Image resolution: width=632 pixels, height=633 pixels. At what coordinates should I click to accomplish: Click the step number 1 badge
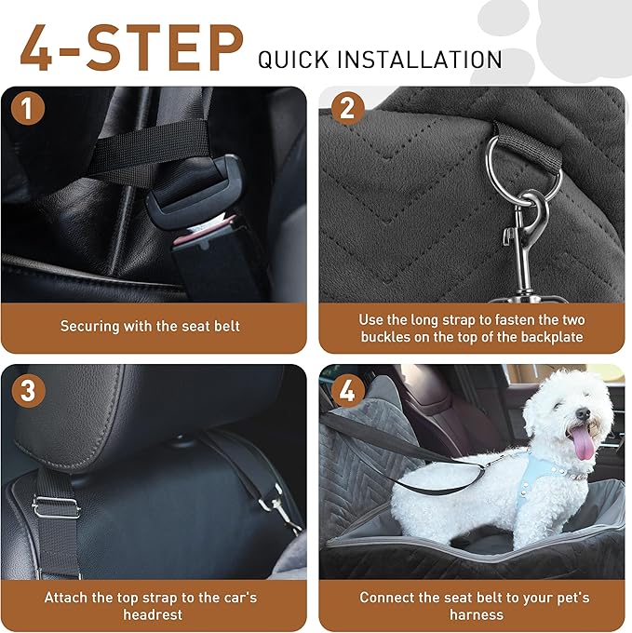coord(28,109)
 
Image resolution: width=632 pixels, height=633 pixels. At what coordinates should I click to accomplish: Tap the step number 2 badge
coord(347,109)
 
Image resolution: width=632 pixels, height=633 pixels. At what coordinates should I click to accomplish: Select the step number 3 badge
coord(28,389)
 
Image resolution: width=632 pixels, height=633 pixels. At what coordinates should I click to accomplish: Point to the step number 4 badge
coord(347,389)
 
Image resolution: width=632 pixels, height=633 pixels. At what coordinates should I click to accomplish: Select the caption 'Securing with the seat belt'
coord(150,327)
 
